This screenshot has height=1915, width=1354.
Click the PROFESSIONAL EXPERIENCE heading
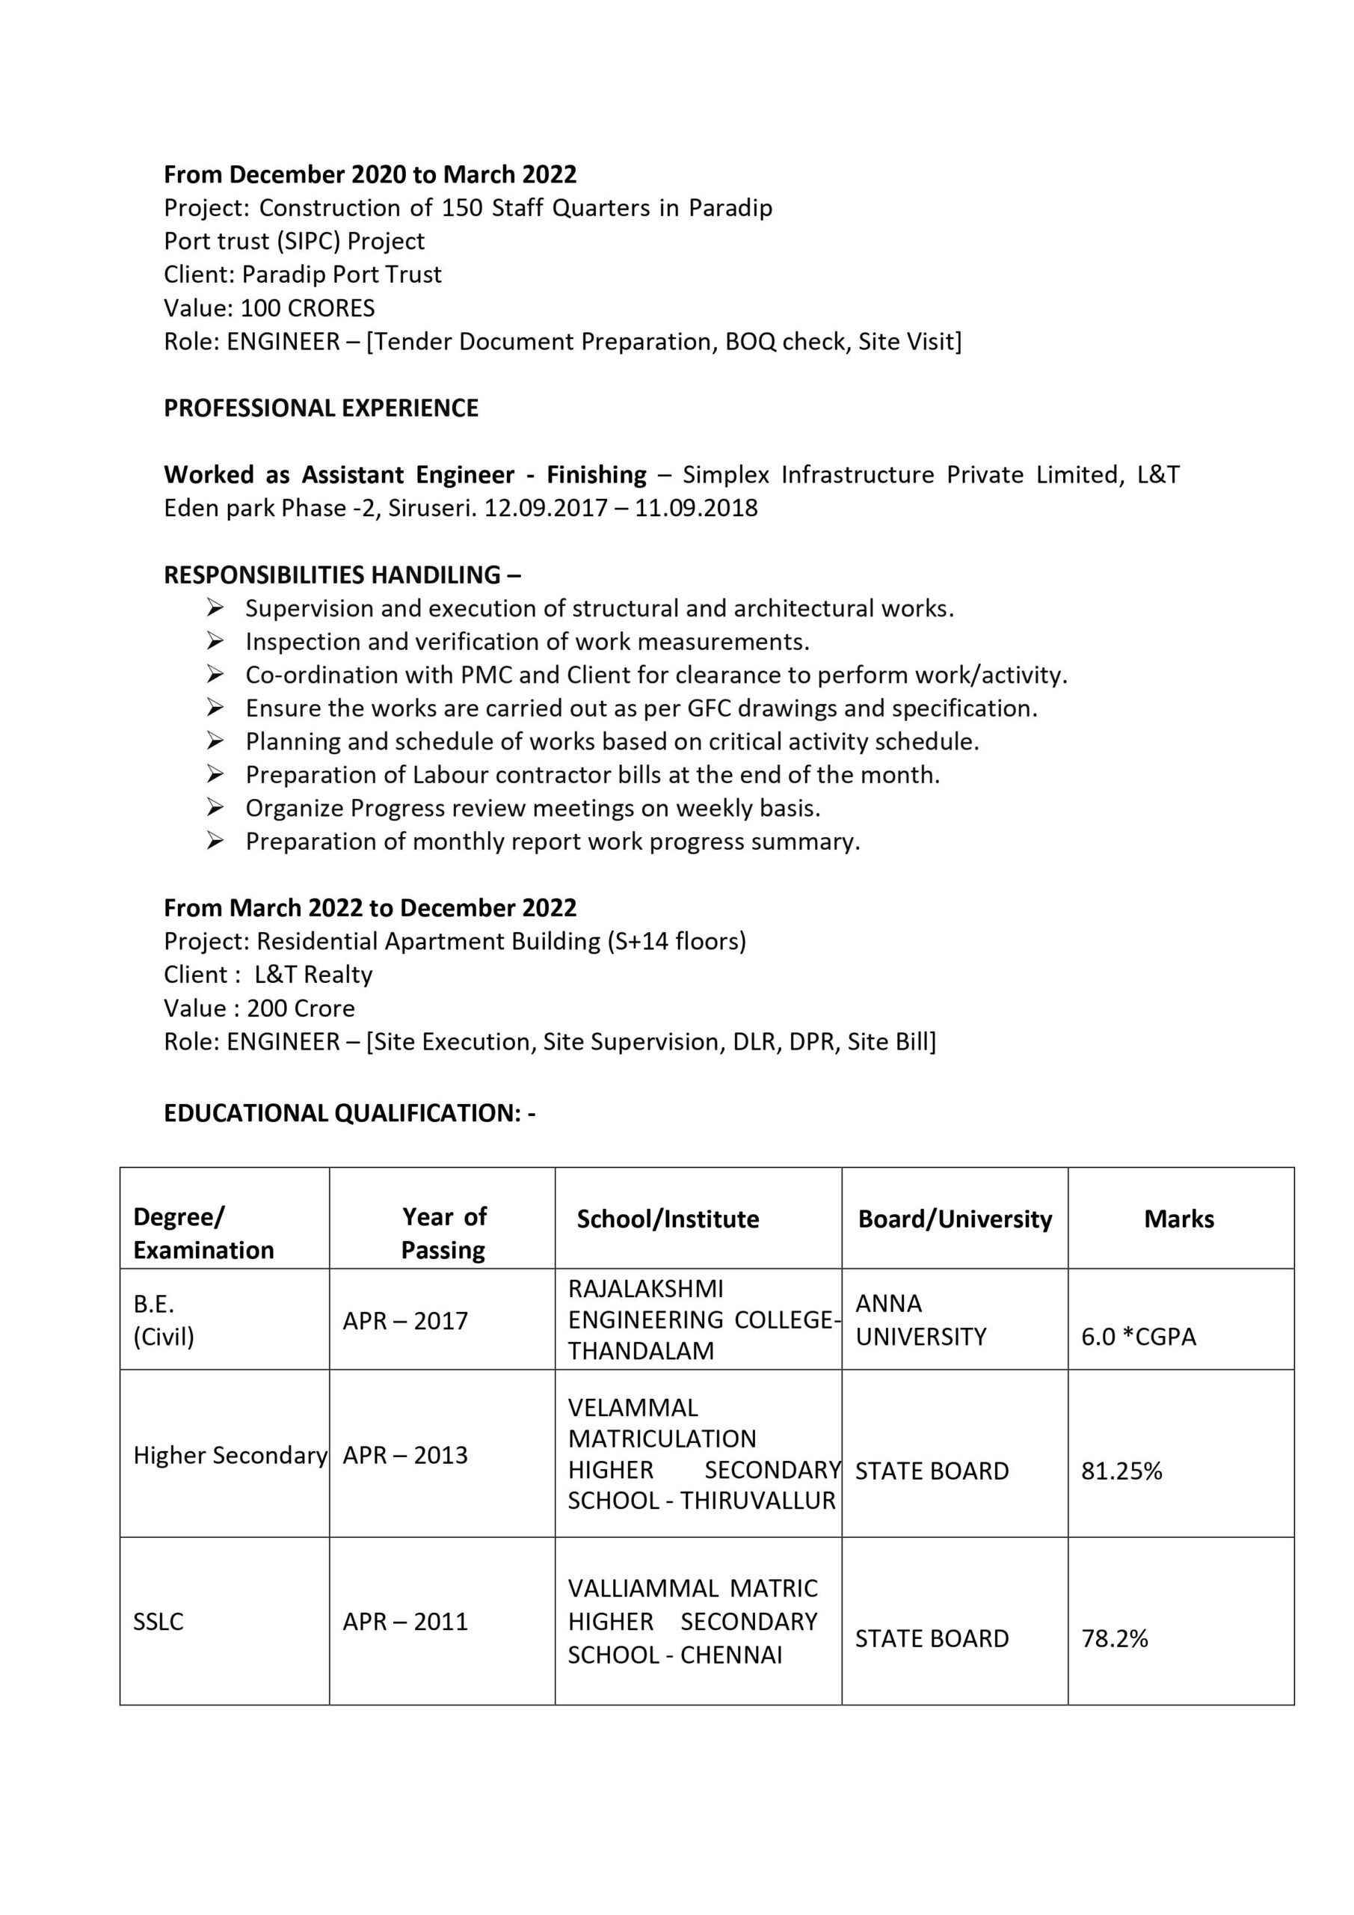click(x=321, y=408)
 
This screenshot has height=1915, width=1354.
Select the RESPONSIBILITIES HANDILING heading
click(x=342, y=574)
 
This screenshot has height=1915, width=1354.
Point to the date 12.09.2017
click(x=545, y=508)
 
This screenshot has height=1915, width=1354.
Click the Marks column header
click(x=1178, y=1219)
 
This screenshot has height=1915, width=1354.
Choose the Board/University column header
click(x=955, y=1219)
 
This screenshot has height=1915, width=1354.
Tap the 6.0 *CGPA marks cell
click(x=1138, y=1336)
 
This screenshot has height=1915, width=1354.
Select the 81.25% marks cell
click(x=1121, y=1471)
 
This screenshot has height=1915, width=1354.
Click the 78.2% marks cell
click(x=1114, y=1638)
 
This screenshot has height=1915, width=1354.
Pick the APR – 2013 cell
click(x=405, y=1455)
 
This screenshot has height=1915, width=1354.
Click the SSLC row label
click(x=158, y=1622)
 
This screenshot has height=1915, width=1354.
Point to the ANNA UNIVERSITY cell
click(x=920, y=1320)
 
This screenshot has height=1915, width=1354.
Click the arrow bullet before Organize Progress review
click(x=215, y=807)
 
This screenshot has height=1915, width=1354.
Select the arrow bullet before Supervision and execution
click(x=215, y=608)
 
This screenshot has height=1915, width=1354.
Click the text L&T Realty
click(x=313, y=974)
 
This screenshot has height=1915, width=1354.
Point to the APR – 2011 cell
click(x=405, y=1622)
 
